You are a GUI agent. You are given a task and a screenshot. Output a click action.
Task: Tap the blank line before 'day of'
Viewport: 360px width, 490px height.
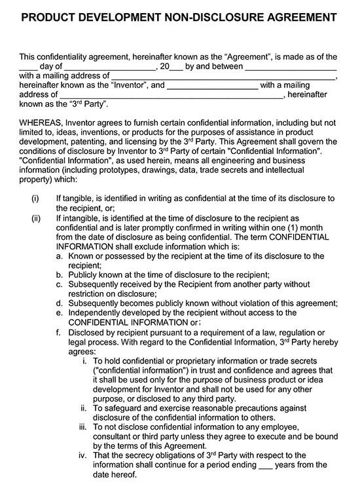point(28,67)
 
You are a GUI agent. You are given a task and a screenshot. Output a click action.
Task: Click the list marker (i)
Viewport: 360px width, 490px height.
point(35,198)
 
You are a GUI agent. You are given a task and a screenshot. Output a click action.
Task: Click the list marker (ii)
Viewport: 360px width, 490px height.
point(36,217)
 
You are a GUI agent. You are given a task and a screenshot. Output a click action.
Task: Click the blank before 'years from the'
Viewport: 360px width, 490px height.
point(266,464)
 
